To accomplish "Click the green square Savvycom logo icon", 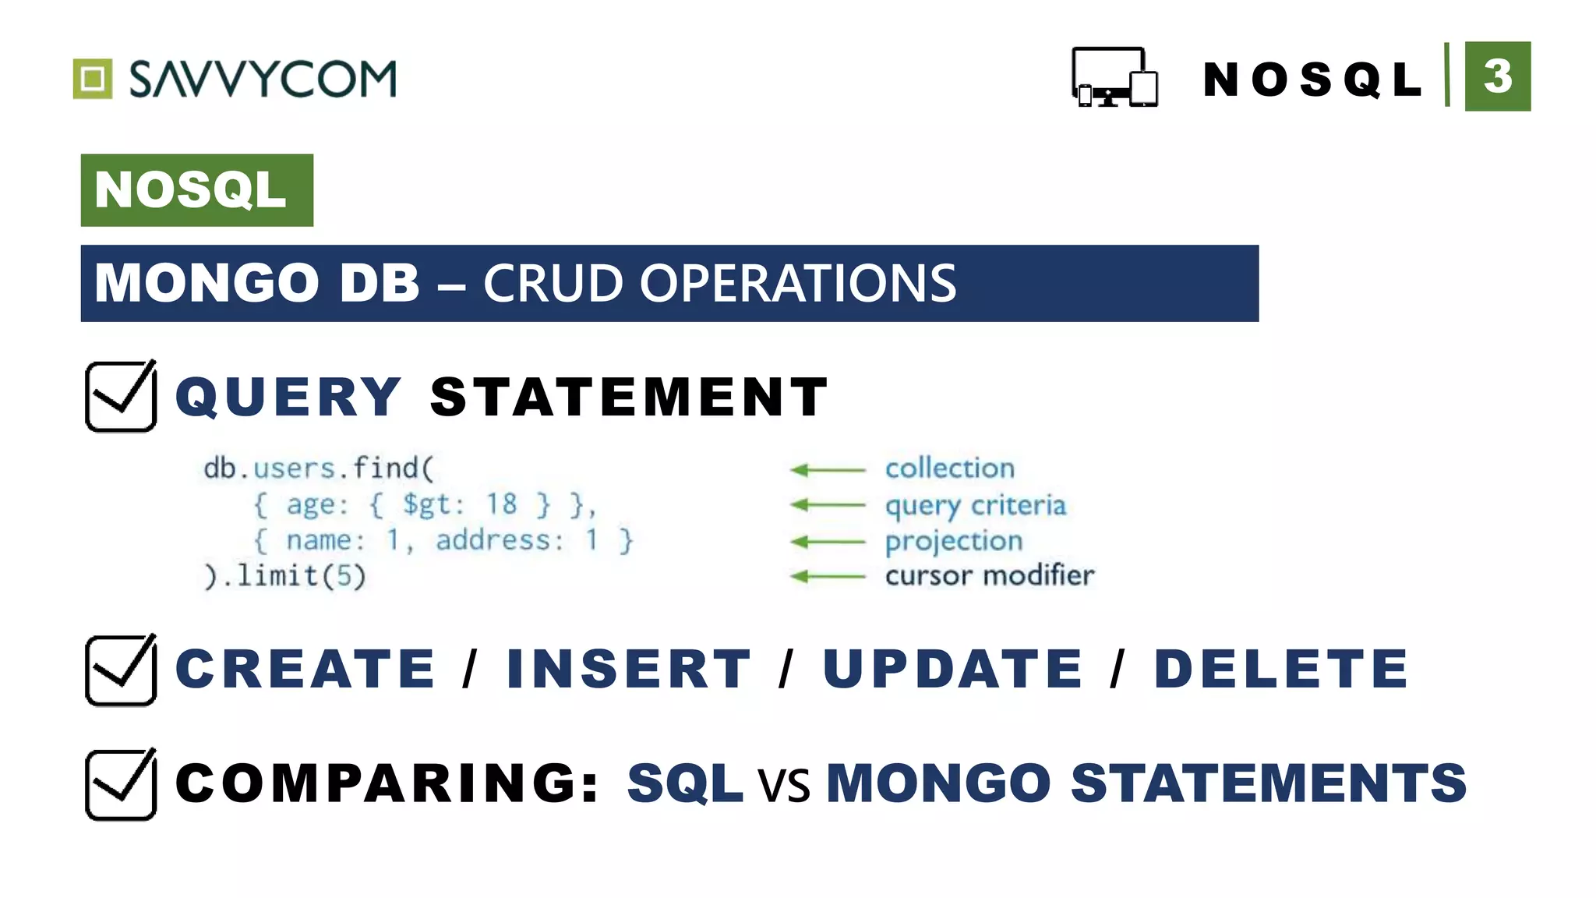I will tap(93, 79).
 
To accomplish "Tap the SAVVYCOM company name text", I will tap(263, 79).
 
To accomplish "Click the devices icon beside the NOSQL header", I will tap(1114, 77).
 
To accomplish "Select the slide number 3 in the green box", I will tap(1497, 76).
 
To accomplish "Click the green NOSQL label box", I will tap(196, 190).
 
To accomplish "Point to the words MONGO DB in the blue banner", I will tap(257, 283).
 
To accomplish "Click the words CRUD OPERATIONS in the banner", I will tap(719, 283).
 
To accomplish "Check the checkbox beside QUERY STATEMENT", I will tap(121, 396).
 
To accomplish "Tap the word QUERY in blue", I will tap(288, 397).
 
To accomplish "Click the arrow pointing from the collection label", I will tap(828, 469).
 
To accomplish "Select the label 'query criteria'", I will tap(975, 506).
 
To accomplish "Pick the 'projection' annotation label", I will tap(954, 542).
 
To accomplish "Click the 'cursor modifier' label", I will tap(990, 576).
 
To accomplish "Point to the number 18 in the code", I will tap(501, 504).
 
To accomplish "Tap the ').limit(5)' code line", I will tap(284, 577).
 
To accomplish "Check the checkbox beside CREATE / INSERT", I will tap(121, 670).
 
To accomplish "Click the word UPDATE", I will tap(953, 669).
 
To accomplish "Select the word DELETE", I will tap(1281, 669).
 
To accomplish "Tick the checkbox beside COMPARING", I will tap(121, 784).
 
